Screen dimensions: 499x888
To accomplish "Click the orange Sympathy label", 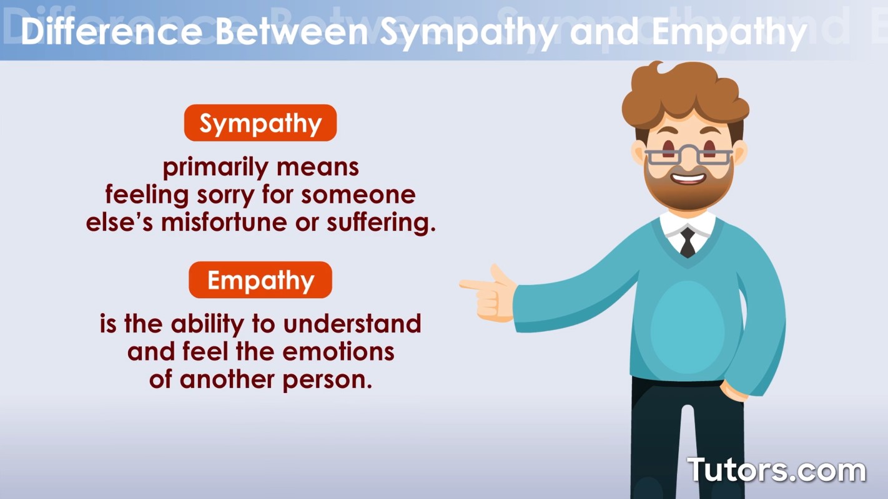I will (x=260, y=124).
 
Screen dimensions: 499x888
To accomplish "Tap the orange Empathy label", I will (x=260, y=280).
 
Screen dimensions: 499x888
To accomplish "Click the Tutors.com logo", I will (x=776, y=470).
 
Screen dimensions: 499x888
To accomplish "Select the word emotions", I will (x=338, y=352).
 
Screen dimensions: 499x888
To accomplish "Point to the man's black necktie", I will (x=688, y=242).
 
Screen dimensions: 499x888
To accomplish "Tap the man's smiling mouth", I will (x=688, y=178).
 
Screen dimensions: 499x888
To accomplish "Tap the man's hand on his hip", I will (x=734, y=391).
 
